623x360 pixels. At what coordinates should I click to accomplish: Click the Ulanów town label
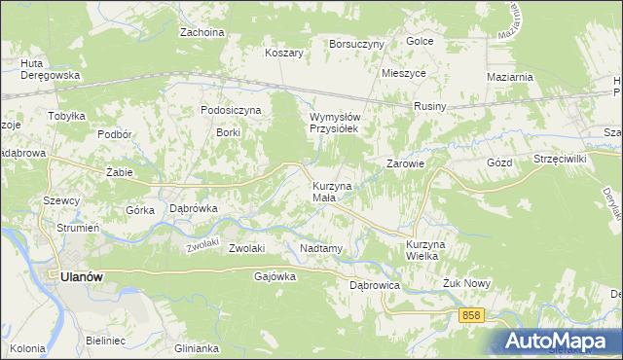[82, 276]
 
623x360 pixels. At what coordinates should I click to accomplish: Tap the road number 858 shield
[472, 314]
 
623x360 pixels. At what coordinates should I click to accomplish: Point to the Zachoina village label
[202, 32]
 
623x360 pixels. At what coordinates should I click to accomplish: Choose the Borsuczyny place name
[357, 44]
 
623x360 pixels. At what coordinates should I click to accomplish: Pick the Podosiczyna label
[231, 111]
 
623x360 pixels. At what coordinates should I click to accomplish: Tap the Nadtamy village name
[321, 248]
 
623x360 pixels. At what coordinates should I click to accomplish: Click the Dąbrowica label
[375, 285]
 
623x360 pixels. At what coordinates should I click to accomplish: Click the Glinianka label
[192, 347]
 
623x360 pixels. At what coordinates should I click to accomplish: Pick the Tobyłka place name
[68, 116]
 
